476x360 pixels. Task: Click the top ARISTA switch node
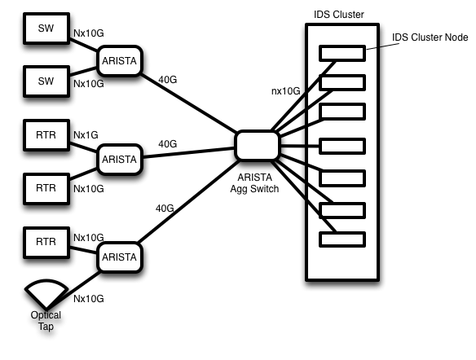click(120, 61)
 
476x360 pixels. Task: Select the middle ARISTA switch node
click(120, 160)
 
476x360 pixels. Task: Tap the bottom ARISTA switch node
click(120, 257)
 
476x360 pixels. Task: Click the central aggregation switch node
click(257, 145)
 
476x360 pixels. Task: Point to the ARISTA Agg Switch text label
click(254, 183)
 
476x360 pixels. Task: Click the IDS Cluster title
click(339, 15)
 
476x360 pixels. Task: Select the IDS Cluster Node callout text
click(430, 37)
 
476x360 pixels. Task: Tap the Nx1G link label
click(86, 135)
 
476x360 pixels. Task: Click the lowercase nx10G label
click(285, 91)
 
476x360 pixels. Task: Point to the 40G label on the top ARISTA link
click(168, 80)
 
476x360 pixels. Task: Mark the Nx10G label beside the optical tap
click(89, 299)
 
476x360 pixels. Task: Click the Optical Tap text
click(46, 321)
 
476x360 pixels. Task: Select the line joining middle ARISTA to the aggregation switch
click(188, 152)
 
